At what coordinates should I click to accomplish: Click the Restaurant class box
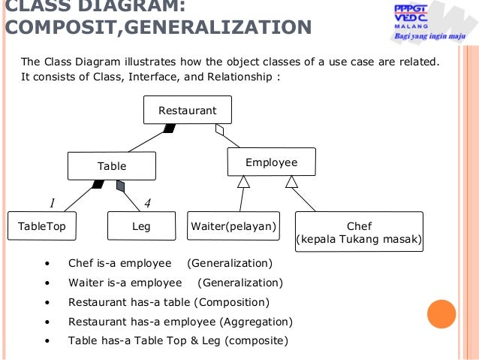click(188, 110)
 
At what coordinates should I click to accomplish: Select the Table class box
click(112, 166)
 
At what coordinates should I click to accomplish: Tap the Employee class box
click(271, 162)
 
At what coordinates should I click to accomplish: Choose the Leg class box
click(140, 225)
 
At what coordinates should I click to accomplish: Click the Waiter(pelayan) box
click(233, 225)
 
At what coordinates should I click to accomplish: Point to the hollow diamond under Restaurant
click(219, 130)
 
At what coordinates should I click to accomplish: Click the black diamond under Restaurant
click(170, 129)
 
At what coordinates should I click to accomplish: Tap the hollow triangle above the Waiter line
click(243, 181)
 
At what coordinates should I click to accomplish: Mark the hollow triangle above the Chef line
click(292, 181)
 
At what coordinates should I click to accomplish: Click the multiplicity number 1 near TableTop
click(53, 202)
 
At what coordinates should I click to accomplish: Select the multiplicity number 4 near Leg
click(147, 202)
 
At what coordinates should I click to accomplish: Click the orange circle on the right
click(441, 314)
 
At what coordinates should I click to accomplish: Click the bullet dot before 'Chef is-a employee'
click(47, 264)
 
